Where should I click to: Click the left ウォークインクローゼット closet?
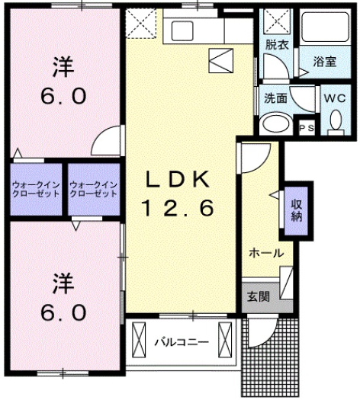pyautogui.click(x=36, y=189)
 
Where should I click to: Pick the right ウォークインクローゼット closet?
pyautogui.click(x=94, y=189)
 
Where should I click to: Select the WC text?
pyautogui.click(x=335, y=98)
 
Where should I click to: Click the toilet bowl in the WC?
pyautogui.click(x=336, y=121)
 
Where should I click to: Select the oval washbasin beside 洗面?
pyautogui.click(x=275, y=124)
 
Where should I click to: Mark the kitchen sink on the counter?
pyautogui.click(x=184, y=30)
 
